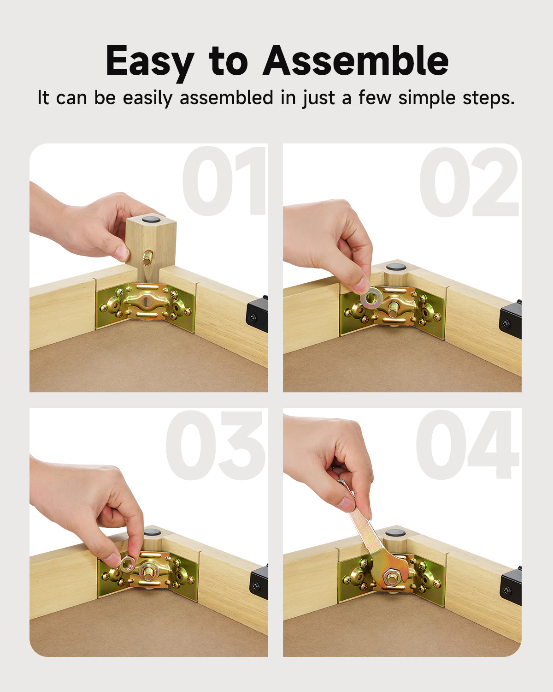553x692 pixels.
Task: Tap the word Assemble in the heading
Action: pos(355,60)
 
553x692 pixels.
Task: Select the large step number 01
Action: pos(224,180)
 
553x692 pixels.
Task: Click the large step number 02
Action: pos(469,182)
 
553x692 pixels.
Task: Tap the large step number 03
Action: pos(215,445)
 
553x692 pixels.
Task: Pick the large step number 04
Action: pos(468,445)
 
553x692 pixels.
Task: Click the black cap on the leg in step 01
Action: pos(151,220)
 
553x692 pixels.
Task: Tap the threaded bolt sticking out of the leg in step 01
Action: pos(148,258)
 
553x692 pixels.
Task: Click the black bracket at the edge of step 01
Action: pos(257,311)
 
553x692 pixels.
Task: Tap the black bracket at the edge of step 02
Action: pos(510,319)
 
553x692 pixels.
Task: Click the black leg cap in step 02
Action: pos(395,267)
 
